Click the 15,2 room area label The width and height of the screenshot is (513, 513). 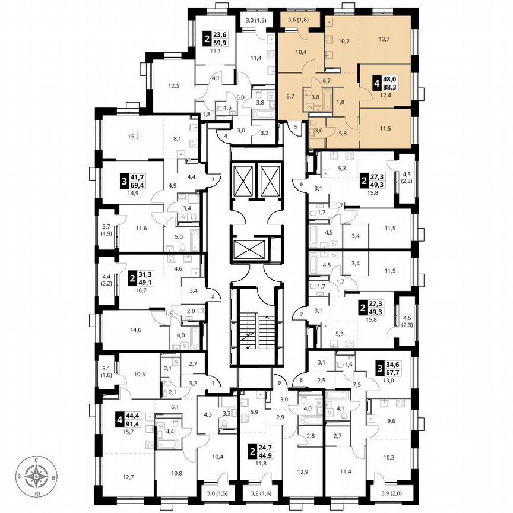[116, 137]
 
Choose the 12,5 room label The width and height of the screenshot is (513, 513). [173, 86]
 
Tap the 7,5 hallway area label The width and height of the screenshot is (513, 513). [357, 384]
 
